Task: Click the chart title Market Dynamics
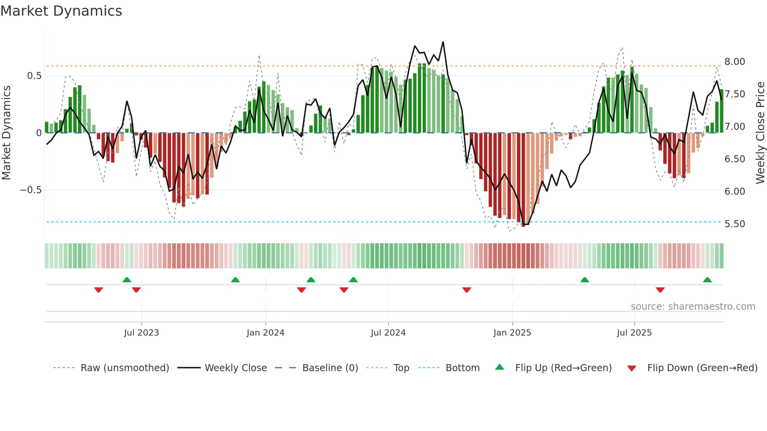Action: coord(61,11)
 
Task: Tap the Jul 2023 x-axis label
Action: coord(141,333)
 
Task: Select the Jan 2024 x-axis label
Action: coord(265,333)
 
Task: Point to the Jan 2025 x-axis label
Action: coord(512,333)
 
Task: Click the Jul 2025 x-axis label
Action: coord(634,333)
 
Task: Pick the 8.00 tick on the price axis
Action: coord(735,62)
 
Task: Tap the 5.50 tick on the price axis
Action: coord(735,224)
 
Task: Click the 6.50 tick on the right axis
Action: coord(735,159)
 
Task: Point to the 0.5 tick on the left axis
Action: coord(34,76)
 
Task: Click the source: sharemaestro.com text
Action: coord(693,307)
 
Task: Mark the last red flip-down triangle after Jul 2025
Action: coord(660,290)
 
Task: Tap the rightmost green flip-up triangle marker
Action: coord(707,280)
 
